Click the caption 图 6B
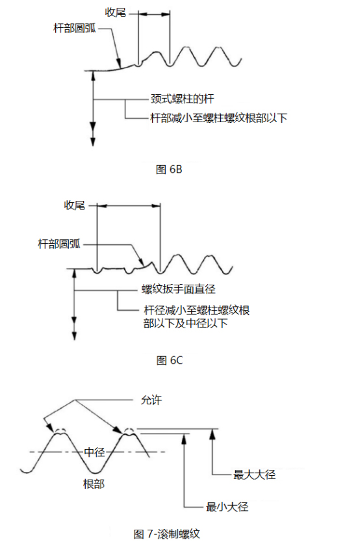click(169, 169)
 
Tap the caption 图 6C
click(170, 361)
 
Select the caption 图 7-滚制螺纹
click(167, 534)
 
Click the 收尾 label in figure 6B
click(116, 12)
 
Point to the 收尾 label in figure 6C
click(74, 205)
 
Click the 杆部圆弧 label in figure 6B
click(75, 28)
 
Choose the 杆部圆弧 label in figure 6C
click(59, 244)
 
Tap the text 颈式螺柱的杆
click(182, 99)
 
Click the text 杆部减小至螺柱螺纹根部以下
click(219, 118)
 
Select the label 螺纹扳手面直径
click(178, 289)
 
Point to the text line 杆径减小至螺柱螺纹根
click(197, 310)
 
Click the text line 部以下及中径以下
click(185, 323)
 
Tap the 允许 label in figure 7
click(151, 400)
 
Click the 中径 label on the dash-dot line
click(94, 452)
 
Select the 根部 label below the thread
click(94, 484)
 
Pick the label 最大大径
click(254, 474)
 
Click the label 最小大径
click(227, 506)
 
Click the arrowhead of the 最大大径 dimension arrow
click(212, 433)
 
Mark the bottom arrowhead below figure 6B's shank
click(93, 141)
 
